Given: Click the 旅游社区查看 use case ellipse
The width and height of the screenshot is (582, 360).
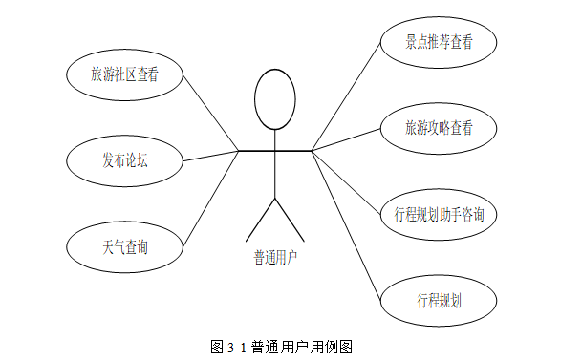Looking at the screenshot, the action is pyautogui.click(x=124, y=74).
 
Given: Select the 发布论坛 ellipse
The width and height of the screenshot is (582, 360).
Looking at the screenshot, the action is pyautogui.click(x=124, y=161).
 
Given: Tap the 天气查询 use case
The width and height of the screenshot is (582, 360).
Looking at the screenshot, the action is pyautogui.click(x=124, y=247).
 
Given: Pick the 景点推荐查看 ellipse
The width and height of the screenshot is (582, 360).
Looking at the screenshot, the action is pyautogui.click(x=439, y=42).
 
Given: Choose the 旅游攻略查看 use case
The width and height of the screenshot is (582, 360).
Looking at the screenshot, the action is pyautogui.click(x=439, y=128).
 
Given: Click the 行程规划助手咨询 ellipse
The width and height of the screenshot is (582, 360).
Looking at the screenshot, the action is pyautogui.click(x=439, y=214).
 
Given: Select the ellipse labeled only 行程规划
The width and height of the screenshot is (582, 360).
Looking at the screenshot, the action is pyautogui.click(x=439, y=300).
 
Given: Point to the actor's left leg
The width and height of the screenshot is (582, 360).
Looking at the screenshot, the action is pyautogui.click(x=260, y=220).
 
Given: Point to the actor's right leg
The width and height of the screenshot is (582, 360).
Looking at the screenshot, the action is pyautogui.click(x=290, y=220).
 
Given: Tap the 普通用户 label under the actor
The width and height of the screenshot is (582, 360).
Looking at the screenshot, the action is pyautogui.click(x=275, y=257).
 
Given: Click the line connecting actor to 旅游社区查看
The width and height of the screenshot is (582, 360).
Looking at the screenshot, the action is pyautogui.click(x=210, y=113).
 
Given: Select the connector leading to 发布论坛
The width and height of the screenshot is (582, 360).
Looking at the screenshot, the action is pyautogui.click(x=210, y=156).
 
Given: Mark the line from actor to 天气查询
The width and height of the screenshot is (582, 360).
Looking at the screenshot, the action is pyautogui.click(x=210, y=199).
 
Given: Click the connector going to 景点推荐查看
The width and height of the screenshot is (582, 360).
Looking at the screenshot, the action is pyautogui.click(x=346, y=96).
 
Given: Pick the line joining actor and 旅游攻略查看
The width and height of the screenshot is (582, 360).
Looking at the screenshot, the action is pyautogui.click(x=346, y=139).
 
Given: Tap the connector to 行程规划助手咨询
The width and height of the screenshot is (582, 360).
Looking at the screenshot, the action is pyautogui.click(x=346, y=182).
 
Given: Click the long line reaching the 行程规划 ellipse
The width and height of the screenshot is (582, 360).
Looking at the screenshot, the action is pyautogui.click(x=346, y=225).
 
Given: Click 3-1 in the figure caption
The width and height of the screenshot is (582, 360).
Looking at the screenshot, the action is pyautogui.click(x=236, y=348).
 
